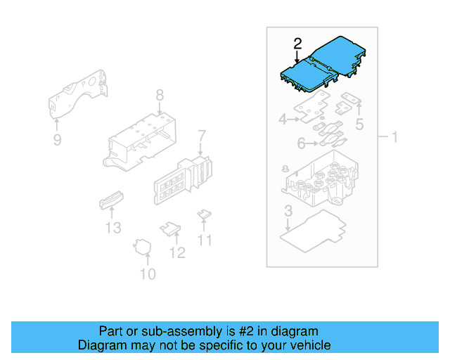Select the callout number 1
point(394,136)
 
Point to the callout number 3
point(288,210)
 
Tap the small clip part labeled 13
point(111,200)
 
